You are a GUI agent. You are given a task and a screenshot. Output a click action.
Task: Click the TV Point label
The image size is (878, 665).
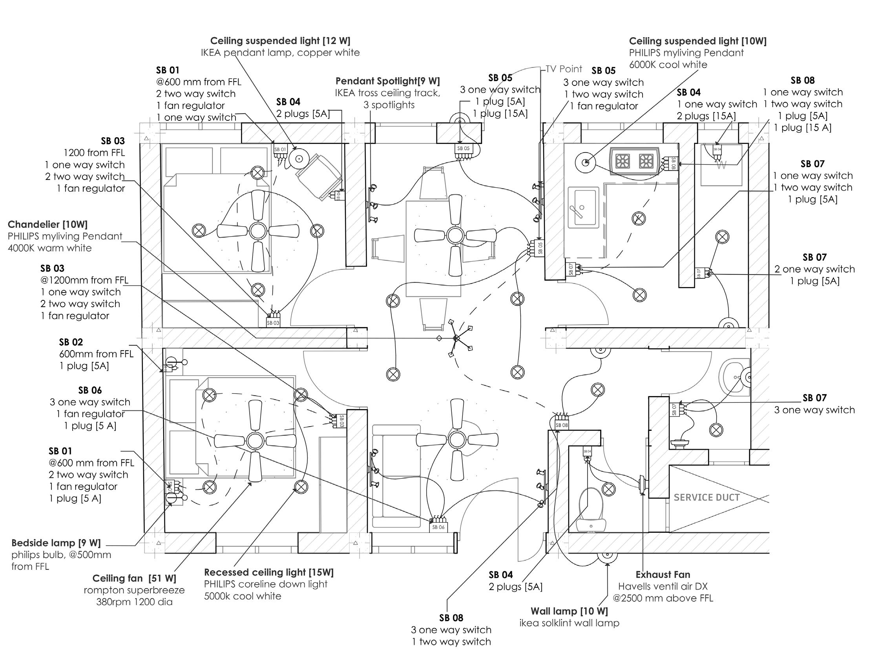(564, 69)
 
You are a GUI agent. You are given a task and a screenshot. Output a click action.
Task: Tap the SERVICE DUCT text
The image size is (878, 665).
(706, 498)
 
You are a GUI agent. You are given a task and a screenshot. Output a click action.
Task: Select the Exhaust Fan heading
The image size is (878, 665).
(663, 574)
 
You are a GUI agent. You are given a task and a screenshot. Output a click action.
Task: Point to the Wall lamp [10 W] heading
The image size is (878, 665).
(569, 611)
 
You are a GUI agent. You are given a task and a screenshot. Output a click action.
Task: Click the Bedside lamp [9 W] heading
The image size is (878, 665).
(56, 543)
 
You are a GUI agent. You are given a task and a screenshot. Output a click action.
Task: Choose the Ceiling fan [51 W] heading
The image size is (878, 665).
(134, 578)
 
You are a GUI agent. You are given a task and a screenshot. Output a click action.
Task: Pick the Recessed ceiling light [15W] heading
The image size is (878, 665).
(269, 572)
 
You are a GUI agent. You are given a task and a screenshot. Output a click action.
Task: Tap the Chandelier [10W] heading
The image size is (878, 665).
(47, 224)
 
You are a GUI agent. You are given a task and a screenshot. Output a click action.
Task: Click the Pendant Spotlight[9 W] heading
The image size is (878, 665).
(387, 81)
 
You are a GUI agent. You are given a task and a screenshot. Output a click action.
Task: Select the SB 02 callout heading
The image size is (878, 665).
(71, 342)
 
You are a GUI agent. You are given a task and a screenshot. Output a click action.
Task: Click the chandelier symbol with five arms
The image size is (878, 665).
(456, 338)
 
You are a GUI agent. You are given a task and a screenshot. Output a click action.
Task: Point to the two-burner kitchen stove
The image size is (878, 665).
(635, 162)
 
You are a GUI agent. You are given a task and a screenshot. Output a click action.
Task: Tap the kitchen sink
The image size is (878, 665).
(583, 208)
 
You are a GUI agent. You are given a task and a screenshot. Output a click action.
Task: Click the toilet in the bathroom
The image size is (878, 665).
(591, 510)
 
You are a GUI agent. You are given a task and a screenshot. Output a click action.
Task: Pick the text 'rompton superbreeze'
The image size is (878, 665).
(134, 590)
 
